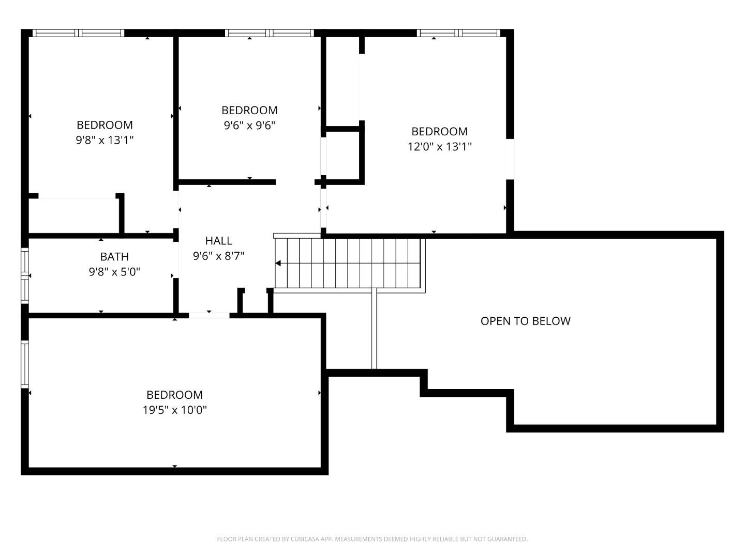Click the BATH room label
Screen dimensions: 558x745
tap(114, 257)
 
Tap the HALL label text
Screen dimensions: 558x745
tap(218, 241)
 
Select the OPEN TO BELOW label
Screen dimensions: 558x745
tap(525, 321)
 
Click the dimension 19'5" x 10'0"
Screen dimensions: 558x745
tap(175, 410)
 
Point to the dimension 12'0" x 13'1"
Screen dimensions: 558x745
tap(439, 147)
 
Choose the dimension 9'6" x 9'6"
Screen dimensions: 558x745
tap(249, 126)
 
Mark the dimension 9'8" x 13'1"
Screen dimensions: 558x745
tap(105, 140)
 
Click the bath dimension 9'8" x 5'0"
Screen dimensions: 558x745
tap(114, 272)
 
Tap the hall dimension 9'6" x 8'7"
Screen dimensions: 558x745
tap(218, 256)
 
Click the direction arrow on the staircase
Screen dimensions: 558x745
tap(278, 263)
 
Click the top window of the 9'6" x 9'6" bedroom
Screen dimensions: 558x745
tap(270, 33)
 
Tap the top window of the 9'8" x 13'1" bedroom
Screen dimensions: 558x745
tap(79, 33)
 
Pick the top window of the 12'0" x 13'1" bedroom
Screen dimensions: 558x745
tap(458, 33)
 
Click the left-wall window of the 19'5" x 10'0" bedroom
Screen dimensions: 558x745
tap(24, 364)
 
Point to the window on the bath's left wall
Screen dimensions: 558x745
tap(24, 275)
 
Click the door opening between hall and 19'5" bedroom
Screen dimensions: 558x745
tap(209, 315)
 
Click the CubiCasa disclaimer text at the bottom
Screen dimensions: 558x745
tap(372, 539)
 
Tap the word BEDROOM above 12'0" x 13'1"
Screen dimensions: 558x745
tap(439, 132)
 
